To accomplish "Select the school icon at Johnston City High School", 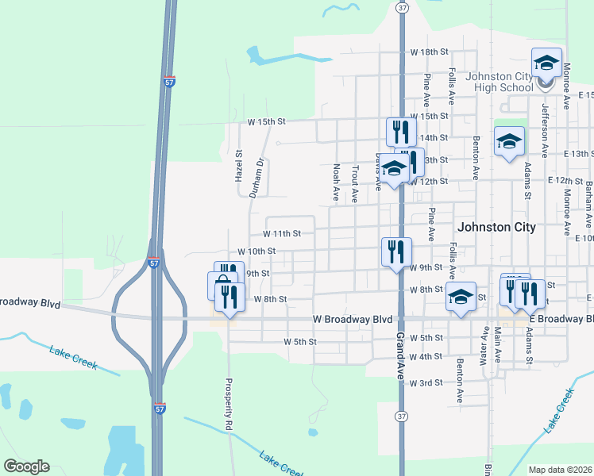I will tap(546, 63).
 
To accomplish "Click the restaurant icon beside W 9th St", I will tap(396, 251).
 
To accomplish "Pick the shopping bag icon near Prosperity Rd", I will tap(222, 286).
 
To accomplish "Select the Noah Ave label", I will tap(336, 182).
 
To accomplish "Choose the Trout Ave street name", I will tap(355, 184).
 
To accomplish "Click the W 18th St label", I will tap(430, 52).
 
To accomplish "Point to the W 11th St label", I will tap(282, 234).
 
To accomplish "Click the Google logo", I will tap(26, 466).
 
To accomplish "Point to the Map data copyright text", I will tap(560, 470).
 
